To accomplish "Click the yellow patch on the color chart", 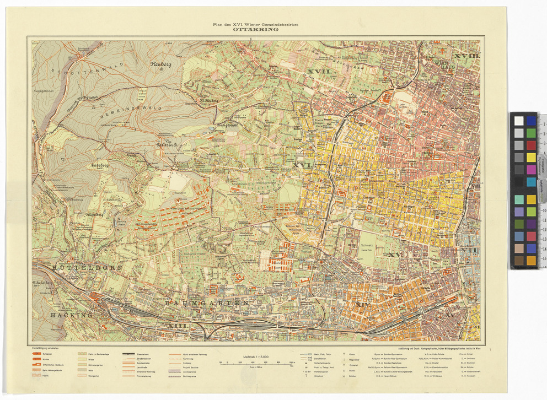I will (531, 157).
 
